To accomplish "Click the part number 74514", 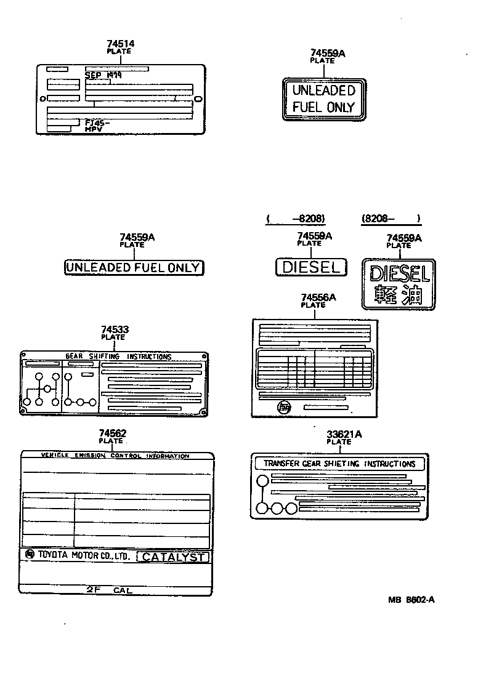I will [119, 44].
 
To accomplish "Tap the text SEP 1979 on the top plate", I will [103, 75].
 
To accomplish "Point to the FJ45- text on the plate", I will [97, 123].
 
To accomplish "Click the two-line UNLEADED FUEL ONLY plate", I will [323, 99].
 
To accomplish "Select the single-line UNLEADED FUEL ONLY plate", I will [134, 267].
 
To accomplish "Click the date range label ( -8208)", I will [296, 218].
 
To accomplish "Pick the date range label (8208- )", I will [391, 218].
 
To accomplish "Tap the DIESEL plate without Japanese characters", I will [310, 267].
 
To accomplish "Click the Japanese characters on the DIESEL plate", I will [398, 295].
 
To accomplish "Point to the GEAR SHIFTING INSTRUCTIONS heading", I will [118, 357].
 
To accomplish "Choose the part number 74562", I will [112, 433].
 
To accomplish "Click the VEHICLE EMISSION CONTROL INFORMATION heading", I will [115, 456].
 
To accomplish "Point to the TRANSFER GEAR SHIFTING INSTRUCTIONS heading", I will [339, 464].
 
